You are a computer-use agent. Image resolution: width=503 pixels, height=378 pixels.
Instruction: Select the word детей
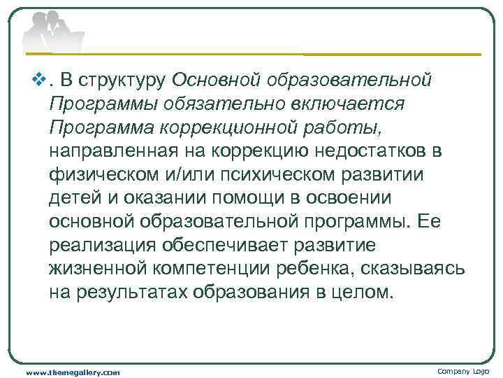click(72, 199)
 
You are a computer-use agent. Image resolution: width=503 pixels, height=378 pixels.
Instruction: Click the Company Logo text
click(463, 371)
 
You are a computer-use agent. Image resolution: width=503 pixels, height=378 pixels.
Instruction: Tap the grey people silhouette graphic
click(52, 31)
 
